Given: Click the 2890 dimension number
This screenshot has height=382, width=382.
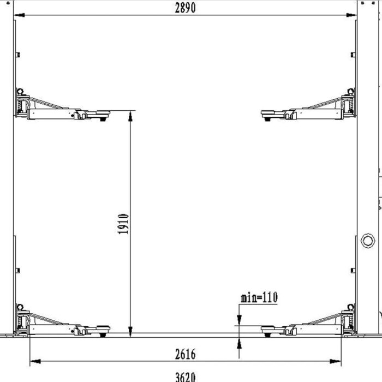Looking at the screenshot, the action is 185,8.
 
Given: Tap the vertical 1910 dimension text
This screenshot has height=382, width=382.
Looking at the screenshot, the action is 123,224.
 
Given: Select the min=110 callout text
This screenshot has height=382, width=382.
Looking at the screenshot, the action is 259,297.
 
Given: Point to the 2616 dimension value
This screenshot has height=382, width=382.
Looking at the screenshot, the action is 185,354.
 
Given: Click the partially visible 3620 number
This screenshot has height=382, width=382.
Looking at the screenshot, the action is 185,377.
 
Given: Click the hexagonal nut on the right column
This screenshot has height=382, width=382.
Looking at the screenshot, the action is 368,241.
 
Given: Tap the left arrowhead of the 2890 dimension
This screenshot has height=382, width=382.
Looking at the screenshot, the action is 20,15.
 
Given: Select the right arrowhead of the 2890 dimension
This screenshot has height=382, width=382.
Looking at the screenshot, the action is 351,15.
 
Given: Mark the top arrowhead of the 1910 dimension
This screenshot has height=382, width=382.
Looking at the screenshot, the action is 130,116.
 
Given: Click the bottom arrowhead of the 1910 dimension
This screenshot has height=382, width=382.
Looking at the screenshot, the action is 130,332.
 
